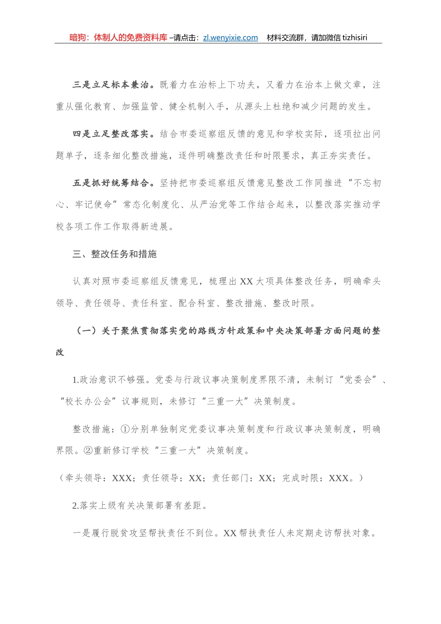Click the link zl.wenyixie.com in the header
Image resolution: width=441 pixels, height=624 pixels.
[230, 38]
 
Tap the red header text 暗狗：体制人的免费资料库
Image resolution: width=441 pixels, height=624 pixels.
[118, 38]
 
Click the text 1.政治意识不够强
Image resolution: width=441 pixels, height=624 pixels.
[109, 380]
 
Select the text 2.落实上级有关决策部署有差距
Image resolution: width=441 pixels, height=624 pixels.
[139, 506]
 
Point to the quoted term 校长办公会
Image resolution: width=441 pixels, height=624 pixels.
[88, 401]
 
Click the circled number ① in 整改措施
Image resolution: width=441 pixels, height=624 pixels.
[125, 429]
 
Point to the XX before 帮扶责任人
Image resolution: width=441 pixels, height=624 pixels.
[230, 533]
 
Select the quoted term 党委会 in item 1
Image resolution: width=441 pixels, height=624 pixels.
[357, 380]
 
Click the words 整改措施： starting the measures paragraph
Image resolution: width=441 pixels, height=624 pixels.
[94, 429]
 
